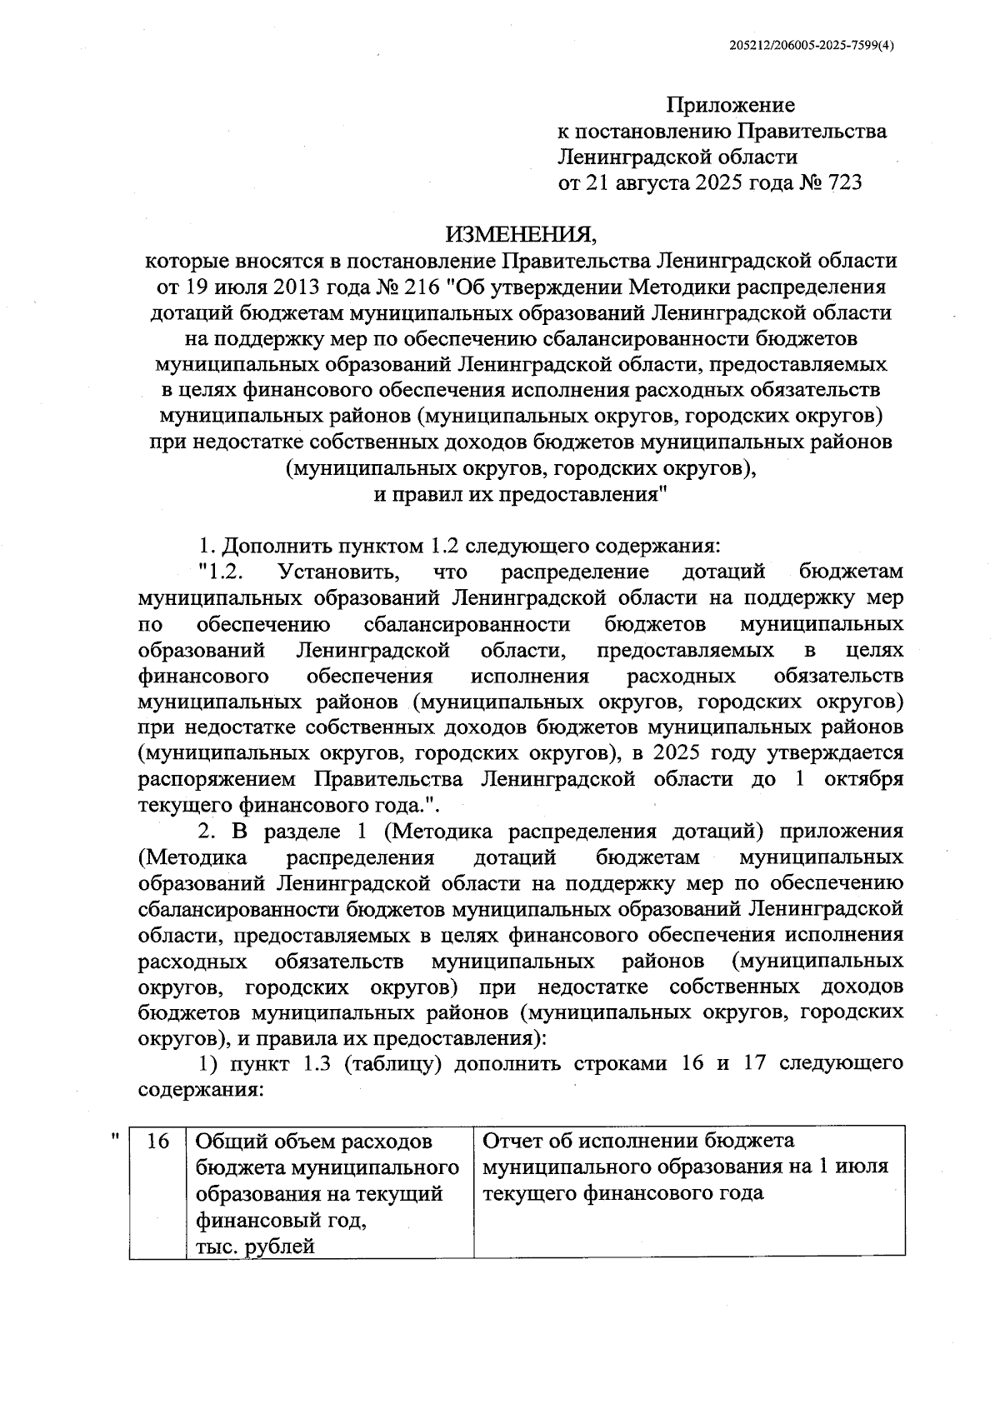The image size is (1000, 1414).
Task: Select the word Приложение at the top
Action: (730, 105)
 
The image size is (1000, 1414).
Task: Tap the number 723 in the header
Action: (842, 182)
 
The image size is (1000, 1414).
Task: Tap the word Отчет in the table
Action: (517, 1141)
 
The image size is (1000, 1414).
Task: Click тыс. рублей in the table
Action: (255, 1247)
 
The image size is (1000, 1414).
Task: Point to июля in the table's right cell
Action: (865, 1167)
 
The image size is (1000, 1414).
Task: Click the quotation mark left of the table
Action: (114, 1135)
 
